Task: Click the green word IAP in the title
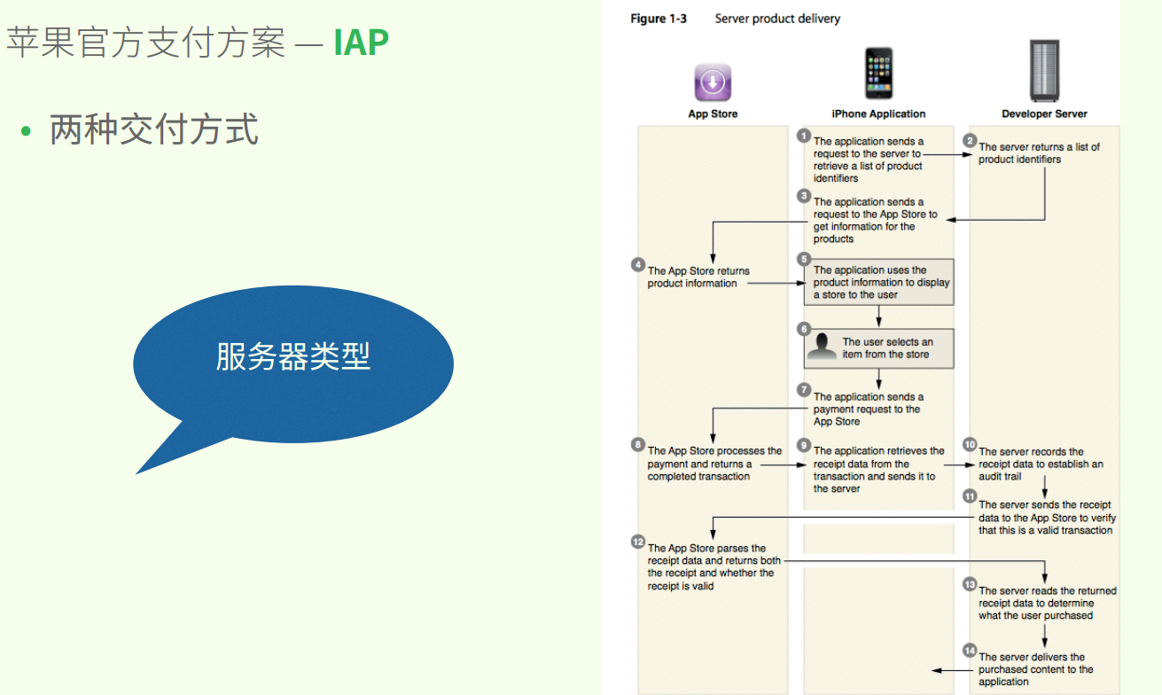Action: click(361, 43)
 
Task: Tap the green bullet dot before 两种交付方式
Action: click(26, 130)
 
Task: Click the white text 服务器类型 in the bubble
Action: click(293, 357)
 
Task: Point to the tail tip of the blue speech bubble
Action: click(136, 473)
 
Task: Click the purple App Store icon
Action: click(713, 82)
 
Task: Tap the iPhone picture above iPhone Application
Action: click(878, 73)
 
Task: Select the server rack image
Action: click(1044, 71)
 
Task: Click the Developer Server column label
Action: click(1044, 114)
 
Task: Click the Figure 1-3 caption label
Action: click(659, 19)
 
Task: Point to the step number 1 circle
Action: click(804, 136)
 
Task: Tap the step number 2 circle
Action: click(970, 141)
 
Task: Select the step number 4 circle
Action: click(638, 264)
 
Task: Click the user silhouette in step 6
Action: click(823, 347)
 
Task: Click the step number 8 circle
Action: click(638, 444)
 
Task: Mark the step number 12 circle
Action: click(638, 542)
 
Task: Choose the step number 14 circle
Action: click(970, 651)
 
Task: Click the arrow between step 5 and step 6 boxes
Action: click(878, 316)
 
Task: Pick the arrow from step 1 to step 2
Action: click(948, 154)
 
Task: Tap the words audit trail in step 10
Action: click(1000, 477)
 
